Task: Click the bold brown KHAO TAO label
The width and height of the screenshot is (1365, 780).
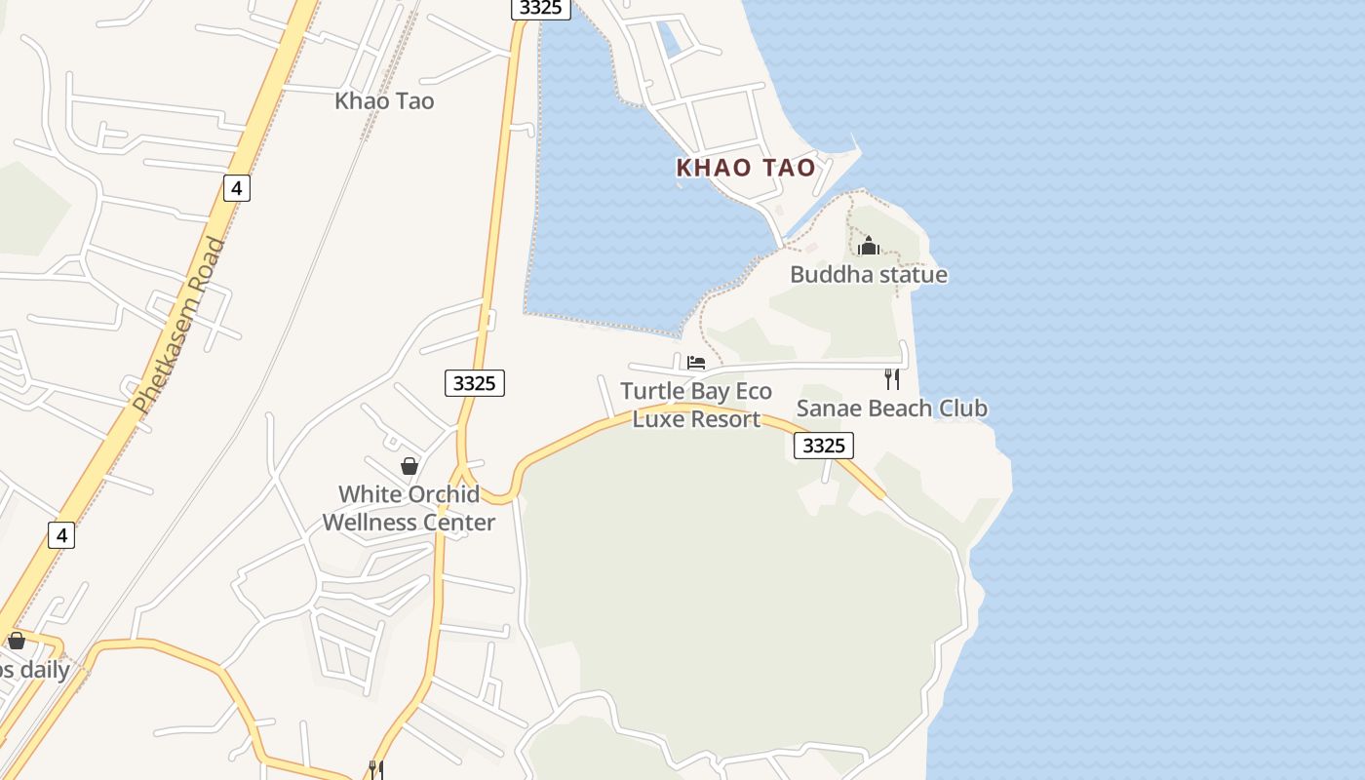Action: pos(746,168)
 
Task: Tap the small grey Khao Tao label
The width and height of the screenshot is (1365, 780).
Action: pos(384,100)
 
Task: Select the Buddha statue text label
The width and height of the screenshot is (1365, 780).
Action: pos(868,274)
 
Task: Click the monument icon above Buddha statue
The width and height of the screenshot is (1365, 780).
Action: pos(869,246)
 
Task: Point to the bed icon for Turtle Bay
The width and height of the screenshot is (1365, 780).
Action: pos(696,363)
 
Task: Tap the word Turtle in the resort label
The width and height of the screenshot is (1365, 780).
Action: pos(651,392)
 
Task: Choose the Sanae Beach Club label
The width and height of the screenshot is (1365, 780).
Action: pos(891,408)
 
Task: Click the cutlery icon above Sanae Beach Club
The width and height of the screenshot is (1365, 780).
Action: pos(891,379)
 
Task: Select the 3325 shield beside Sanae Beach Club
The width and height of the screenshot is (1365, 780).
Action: pos(824,446)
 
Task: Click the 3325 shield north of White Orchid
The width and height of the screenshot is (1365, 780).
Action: pos(475,383)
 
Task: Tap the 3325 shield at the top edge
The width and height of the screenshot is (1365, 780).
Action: pos(540,8)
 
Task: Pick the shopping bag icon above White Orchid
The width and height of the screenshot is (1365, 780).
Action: pos(409,466)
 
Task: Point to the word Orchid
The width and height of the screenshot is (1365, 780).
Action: pos(443,494)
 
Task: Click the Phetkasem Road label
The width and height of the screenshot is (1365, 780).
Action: pos(179,326)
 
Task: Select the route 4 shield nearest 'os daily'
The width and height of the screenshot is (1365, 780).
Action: pos(61,534)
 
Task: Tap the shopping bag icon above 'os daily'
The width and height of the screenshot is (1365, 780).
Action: pos(17,641)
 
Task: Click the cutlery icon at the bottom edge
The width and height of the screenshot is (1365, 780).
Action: pos(375,770)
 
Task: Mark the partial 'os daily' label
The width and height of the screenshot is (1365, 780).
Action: pos(34,670)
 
